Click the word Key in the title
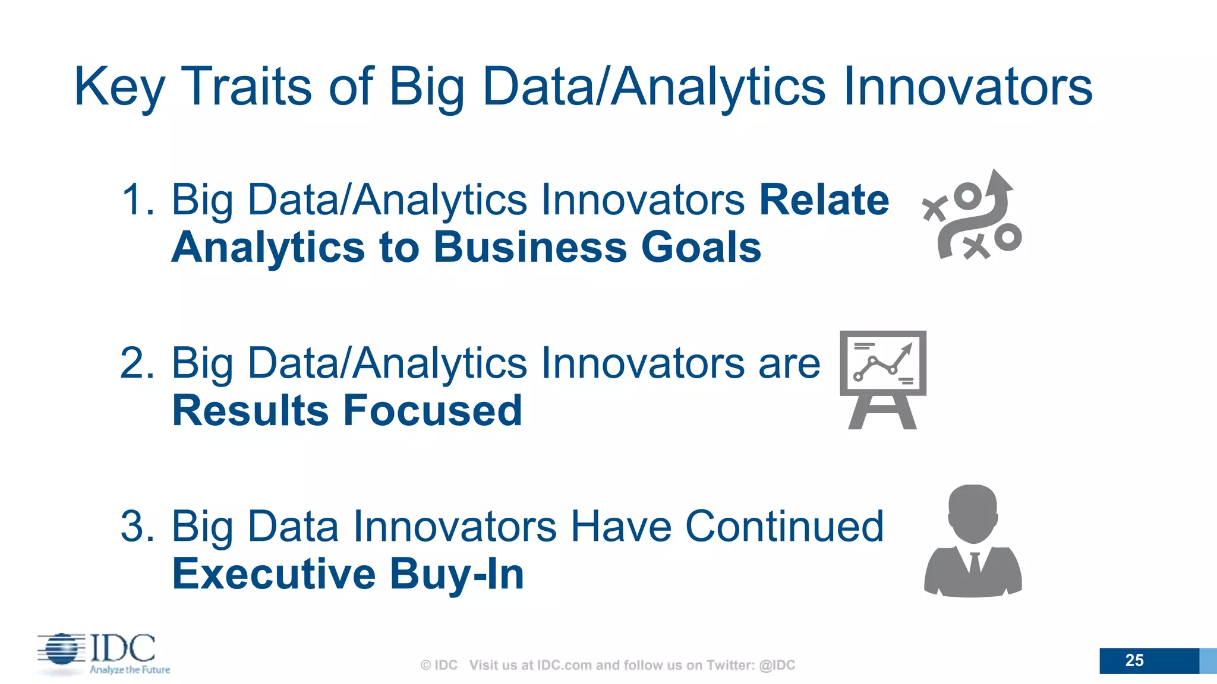[x=119, y=88]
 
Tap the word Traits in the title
[x=247, y=87]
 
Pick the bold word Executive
[x=273, y=574]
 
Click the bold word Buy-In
[x=457, y=574]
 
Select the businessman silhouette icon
[x=973, y=540]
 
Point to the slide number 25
[x=1134, y=660]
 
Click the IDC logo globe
[x=61, y=648]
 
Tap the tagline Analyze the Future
[x=130, y=670]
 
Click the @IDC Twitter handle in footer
[x=777, y=665]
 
